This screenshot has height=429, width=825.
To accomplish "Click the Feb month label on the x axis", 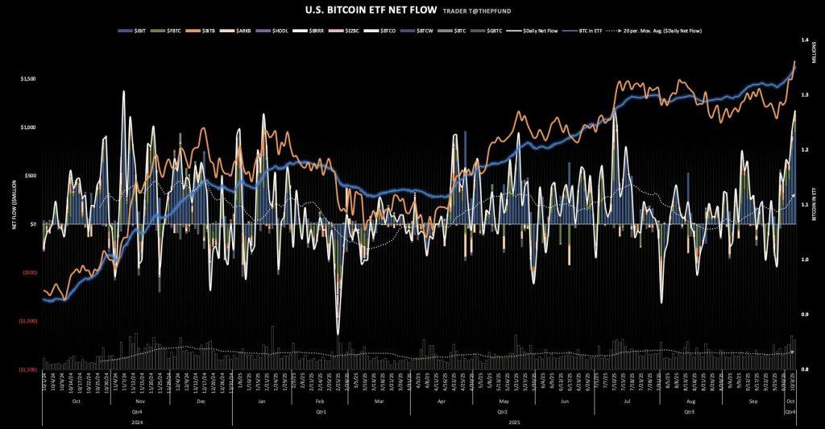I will pos(319,401).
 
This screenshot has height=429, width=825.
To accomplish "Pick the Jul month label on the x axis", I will pos(626,401).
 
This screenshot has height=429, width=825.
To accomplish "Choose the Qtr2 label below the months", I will pos(504,411).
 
